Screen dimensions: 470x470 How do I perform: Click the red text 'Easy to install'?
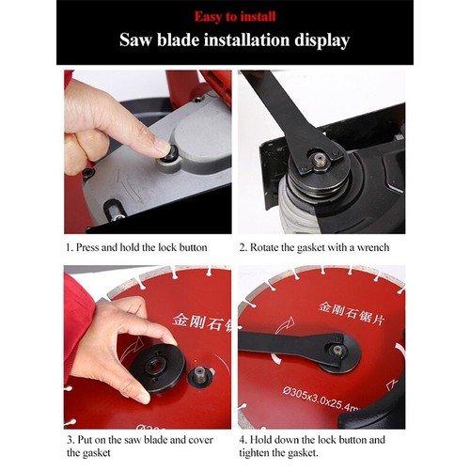point(234,16)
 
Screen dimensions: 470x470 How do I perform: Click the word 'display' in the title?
point(319,40)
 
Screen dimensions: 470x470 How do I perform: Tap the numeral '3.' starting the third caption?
point(69,439)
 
